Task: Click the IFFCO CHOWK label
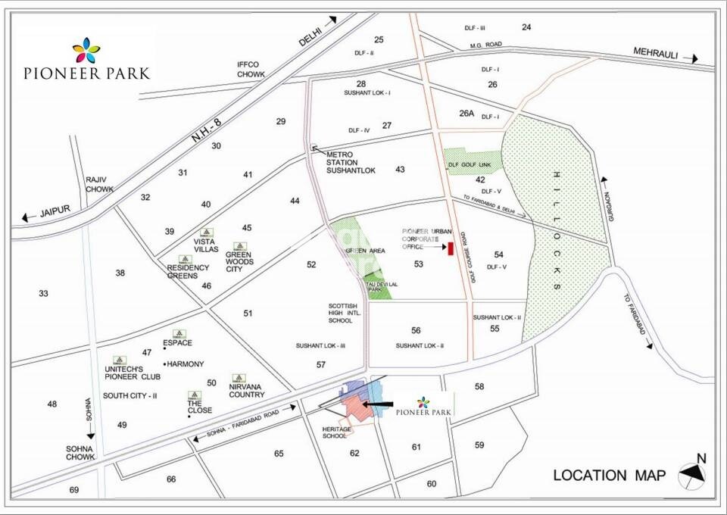point(251,70)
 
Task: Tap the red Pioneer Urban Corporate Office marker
point(450,248)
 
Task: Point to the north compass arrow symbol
point(691,473)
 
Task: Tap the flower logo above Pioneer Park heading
point(86,51)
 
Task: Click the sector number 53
point(419,264)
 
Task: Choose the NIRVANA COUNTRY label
point(247,390)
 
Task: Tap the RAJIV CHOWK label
point(96,184)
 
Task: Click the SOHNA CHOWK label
point(79,453)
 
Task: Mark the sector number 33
point(43,294)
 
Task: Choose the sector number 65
point(279,454)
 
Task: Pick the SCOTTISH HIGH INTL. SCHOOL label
point(341,312)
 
